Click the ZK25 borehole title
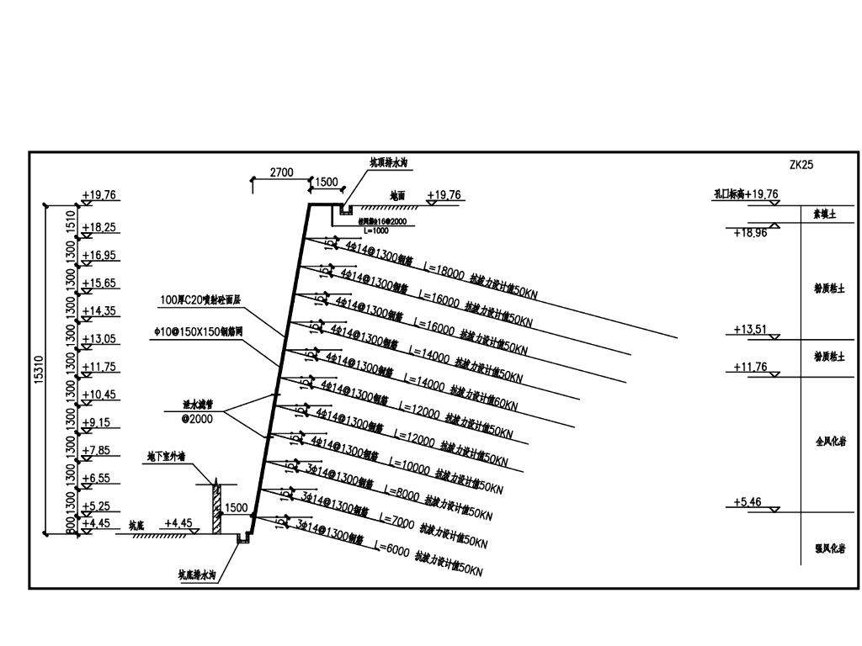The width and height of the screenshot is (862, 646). [801, 165]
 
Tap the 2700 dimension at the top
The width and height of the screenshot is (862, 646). [281, 172]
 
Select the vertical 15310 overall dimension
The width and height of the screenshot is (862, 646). [51, 369]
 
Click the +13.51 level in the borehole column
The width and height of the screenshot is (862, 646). [748, 329]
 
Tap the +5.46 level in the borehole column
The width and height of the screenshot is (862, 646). [748, 502]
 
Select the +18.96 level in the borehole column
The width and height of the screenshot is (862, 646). [749, 233]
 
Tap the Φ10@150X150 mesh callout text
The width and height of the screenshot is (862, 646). [198, 331]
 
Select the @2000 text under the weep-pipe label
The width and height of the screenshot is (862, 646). [197, 418]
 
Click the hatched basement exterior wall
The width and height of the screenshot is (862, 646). [216, 509]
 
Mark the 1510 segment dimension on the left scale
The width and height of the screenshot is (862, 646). [71, 222]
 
